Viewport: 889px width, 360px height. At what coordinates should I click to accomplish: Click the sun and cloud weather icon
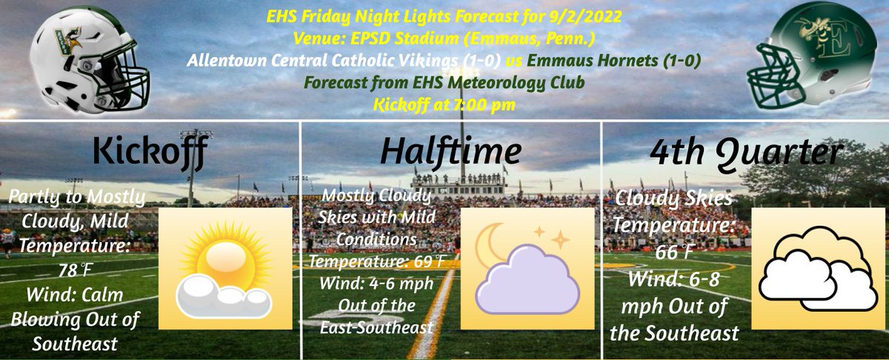(x=224, y=268)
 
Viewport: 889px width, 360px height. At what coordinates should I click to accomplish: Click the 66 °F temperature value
(x=674, y=253)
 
